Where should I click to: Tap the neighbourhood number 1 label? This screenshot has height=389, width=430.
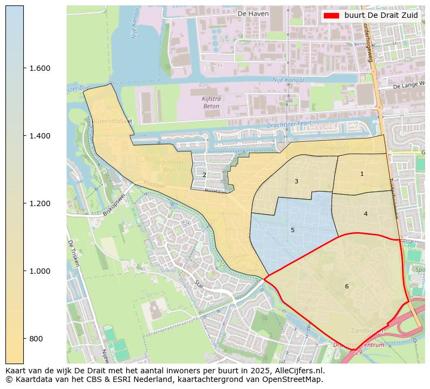pyautogui.click(x=362, y=174)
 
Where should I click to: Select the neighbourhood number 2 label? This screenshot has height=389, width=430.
pyautogui.click(x=204, y=175)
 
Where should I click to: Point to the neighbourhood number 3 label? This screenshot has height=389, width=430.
pyautogui.click(x=296, y=181)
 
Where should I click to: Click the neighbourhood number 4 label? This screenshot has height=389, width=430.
pyautogui.click(x=366, y=214)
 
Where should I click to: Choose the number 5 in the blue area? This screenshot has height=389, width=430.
pyautogui.click(x=292, y=230)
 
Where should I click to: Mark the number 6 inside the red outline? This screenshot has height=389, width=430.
pyautogui.click(x=347, y=286)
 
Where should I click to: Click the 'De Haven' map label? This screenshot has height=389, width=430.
pyautogui.click(x=253, y=14)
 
